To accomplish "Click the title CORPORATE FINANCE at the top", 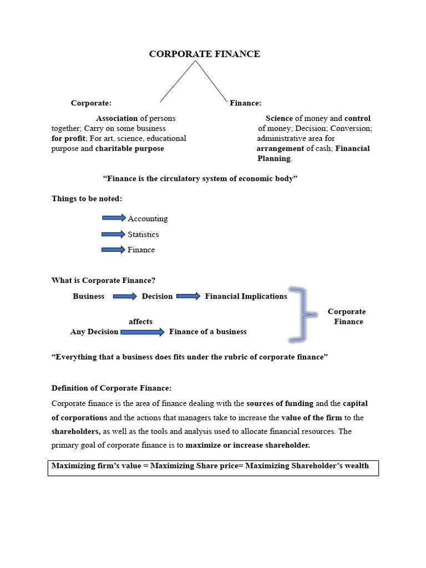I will [204, 54].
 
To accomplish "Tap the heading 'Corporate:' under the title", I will [91, 103].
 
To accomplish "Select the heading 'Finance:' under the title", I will [246, 103].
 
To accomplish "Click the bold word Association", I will [117, 119].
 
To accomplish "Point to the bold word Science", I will [279, 119].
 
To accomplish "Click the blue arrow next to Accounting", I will [114, 218].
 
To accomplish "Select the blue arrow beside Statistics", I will [114, 234].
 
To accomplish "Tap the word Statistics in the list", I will [143, 235].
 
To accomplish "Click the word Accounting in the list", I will [148, 219].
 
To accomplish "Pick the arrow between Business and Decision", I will [124, 297].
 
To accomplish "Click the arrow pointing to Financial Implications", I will [188, 296].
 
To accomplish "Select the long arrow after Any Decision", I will [142, 332].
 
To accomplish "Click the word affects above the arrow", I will [140, 322].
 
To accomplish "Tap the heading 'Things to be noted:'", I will [87, 199].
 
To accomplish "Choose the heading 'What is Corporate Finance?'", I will [104, 281].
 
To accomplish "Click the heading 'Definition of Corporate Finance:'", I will [111, 388].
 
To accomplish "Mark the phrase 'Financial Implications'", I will [246, 297].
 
